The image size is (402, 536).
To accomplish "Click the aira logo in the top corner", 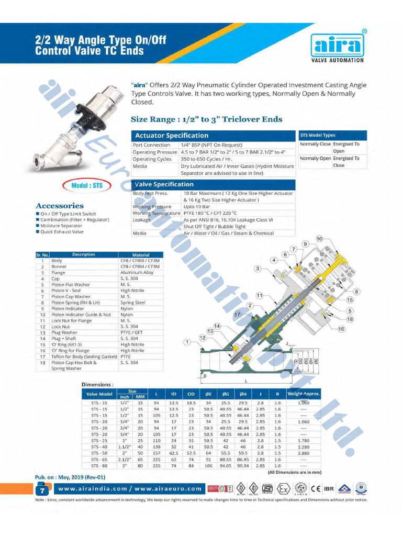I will click(x=338, y=46).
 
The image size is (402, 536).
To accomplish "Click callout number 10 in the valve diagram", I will click(x=319, y=239).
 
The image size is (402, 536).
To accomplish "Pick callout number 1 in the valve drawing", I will click(x=186, y=342).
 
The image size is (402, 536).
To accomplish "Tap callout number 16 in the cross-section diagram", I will click(x=341, y=329).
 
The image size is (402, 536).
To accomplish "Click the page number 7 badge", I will click(x=41, y=490).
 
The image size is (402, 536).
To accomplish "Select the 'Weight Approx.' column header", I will click(x=303, y=394).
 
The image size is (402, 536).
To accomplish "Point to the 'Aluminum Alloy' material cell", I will click(x=137, y=273).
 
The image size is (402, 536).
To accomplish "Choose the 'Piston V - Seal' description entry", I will click(x=66, y=291).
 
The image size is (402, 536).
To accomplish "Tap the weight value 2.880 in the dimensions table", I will click(x=303, y=453).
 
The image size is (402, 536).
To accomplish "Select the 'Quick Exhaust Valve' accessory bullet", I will click(x=62, y=231).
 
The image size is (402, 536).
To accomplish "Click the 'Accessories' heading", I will click(x=60, y=206).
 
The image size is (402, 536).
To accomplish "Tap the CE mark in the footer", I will click(x=316, y=489).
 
